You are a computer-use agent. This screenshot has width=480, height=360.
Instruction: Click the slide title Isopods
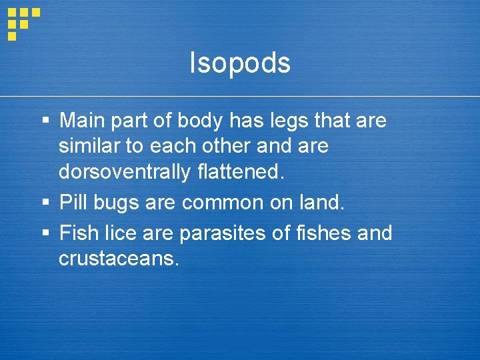(x=240, y=63)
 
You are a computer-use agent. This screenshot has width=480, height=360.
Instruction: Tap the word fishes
(x=324, y=233)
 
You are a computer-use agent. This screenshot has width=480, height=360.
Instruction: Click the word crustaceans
(x=119, y=259)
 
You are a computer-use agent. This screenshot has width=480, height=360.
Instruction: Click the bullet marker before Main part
(x=45, y=122)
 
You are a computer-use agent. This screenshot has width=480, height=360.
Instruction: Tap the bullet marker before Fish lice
(x=45, y=234)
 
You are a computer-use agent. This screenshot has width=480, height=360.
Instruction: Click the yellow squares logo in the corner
(x=23, y=23)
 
